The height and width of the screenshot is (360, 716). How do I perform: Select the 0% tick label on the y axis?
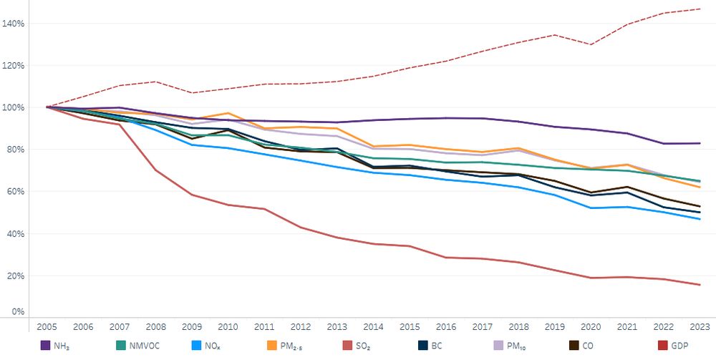(x=18, y=312)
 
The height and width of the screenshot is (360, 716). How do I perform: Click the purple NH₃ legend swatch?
(x=44, y=346)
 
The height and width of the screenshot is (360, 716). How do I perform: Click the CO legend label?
(x=588, y=346)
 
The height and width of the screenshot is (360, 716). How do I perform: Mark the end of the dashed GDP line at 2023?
(x=700, y=9)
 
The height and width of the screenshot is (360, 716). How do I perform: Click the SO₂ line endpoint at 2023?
(x=700, y=285)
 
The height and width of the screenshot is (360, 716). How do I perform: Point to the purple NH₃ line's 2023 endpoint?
(x=700, y=143)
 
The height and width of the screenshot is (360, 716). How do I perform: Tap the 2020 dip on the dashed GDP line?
(x=589, y=44)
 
